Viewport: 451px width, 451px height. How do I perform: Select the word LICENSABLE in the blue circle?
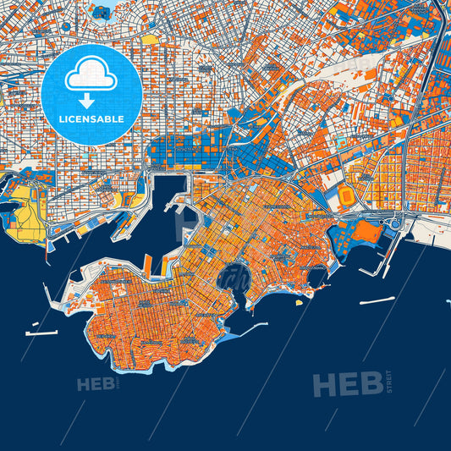tap(91, 119)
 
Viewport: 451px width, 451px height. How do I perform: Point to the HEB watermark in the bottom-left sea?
tap(95, 385)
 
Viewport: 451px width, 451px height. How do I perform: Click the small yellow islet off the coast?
tap(299, 301)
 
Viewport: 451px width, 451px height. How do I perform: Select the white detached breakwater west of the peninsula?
tap(41, 333)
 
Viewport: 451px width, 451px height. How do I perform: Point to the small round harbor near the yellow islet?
tap(316, 275)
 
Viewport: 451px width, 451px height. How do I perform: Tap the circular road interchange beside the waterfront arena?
tap(395, 222)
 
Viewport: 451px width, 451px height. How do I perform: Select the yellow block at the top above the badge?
tap(149, 39)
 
